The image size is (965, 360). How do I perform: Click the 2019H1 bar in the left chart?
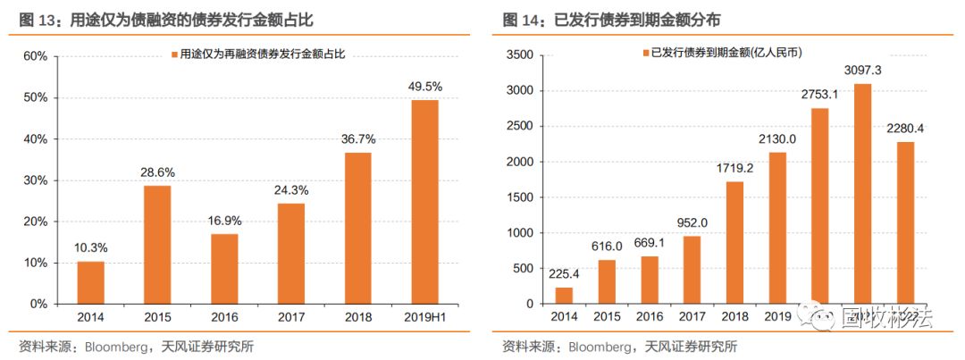pyautogui.click(x=425, y=202)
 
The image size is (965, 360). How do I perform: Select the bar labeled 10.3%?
pyautogui.click(x=90, y=282)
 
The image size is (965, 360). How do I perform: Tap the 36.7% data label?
pyautogui.click(x=358, y=139)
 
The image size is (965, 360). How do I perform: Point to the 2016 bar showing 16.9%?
pyautogui.click(x=224, y=269)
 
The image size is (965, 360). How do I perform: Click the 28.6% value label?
pyautogui.click(x=157, y=172)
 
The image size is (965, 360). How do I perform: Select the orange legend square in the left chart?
pyautogui.click(x=173, y=54)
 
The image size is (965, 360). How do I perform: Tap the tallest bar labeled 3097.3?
pyautogui.click(x=863, y=194)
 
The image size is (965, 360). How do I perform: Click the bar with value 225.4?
pyautogui.click(x=564, y=296)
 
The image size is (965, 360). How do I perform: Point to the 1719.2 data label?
pyautogui.click(x=735, y=167)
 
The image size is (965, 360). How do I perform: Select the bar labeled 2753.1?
pyautogui.click(x=820, y=206)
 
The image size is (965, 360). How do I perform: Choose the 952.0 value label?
pyautogui.click(x=692, y=222)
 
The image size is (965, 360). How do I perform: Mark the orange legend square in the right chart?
pyautogui.click(x=645, y=54)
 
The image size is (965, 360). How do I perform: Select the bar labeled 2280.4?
pyautogui.click(x=905, y=223)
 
